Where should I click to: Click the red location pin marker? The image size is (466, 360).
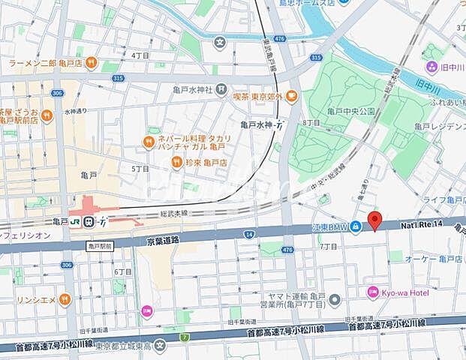point(374,220)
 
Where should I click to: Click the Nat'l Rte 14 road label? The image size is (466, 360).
point(424,223)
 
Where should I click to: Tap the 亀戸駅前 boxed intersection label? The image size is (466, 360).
point(98,246)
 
